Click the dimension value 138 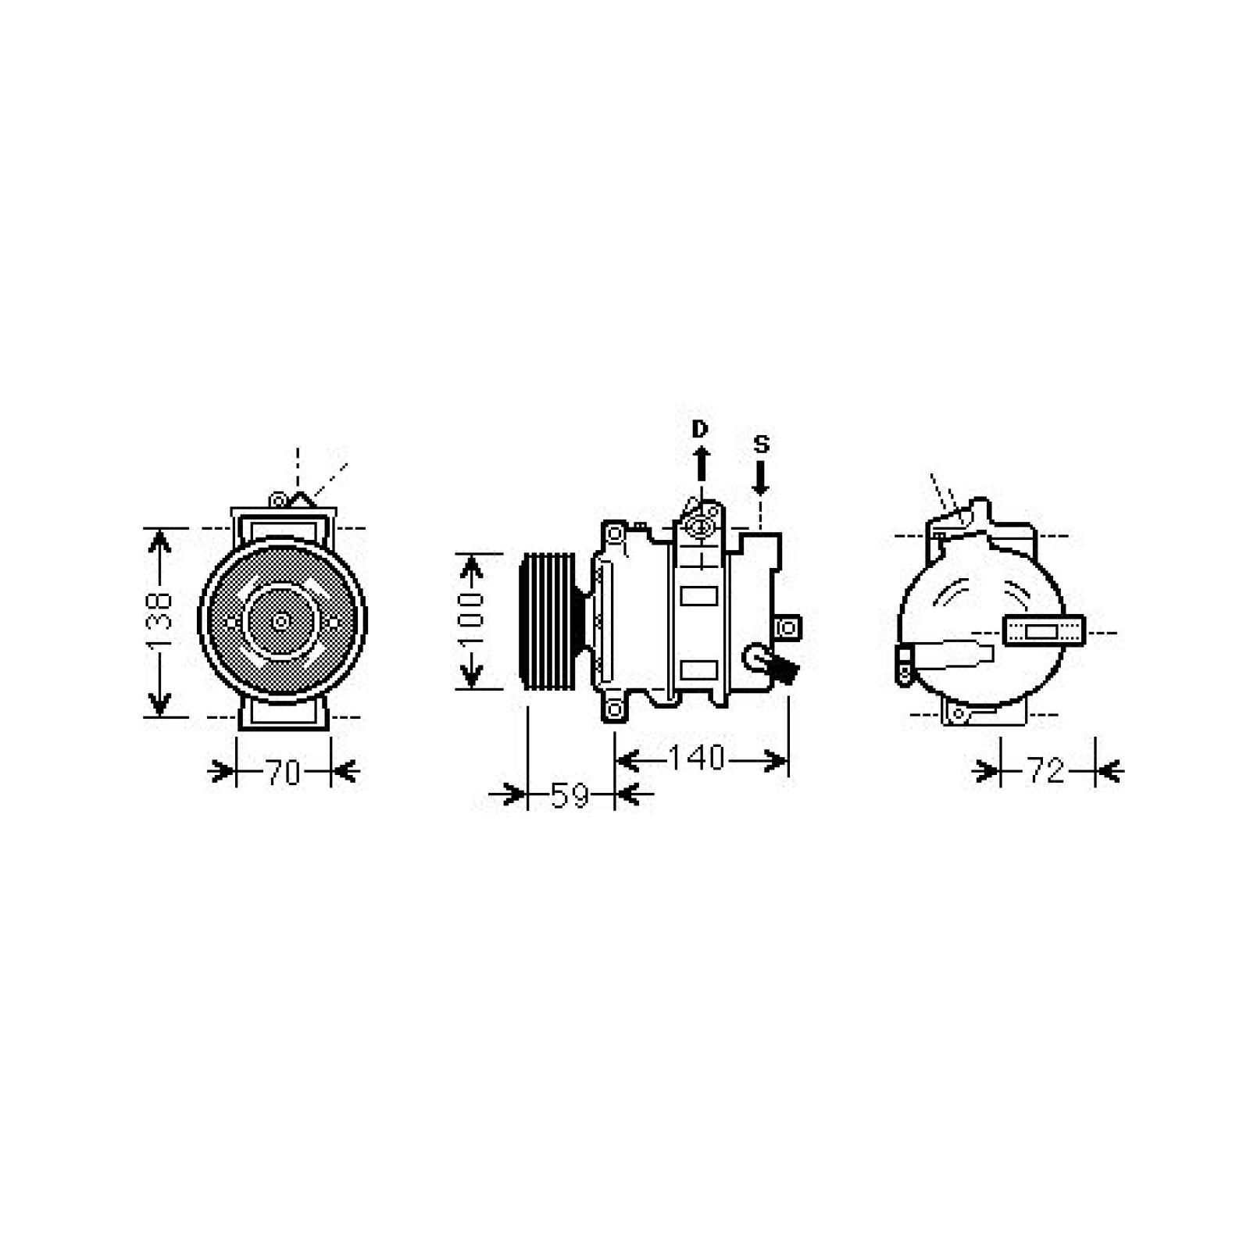(x=159, y=622)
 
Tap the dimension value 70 (x=283, y=773)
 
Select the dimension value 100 (x=471, y=621)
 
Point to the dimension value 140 (x=698, y=759)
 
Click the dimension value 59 (x=570, y=796)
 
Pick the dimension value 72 (x=1045, y=772)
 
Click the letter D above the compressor (x=699, y=429)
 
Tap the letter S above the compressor (x=761, y=445)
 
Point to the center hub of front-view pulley (x=280, y=622)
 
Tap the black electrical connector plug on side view (x=784, y=669)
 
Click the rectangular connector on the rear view (x=1043, y=631)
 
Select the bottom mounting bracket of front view (x=283, y=712)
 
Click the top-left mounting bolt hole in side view (x=615, y=534)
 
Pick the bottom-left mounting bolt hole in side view (x=614, y=709)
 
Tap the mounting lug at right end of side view (x=788, y=627)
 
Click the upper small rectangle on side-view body (x=698, y=596)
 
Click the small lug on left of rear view (x=905, y=664)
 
